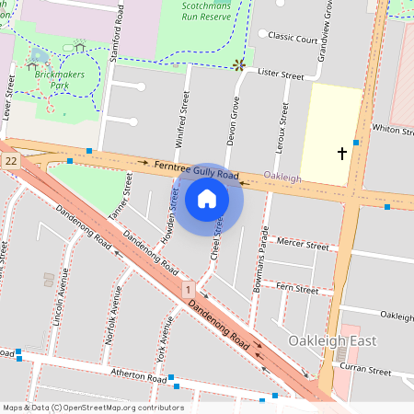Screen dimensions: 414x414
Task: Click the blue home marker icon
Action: (207, 198)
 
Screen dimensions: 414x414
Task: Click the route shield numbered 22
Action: (10, 161)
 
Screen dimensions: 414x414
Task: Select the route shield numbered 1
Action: (188, 289)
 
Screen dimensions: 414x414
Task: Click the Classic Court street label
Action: (293, 39)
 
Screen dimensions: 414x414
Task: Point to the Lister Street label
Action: (280, 72)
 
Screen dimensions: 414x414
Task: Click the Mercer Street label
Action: (303, 246)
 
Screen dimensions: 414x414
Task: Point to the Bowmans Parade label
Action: (260, 260)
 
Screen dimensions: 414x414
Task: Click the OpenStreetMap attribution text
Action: (93, 408)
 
